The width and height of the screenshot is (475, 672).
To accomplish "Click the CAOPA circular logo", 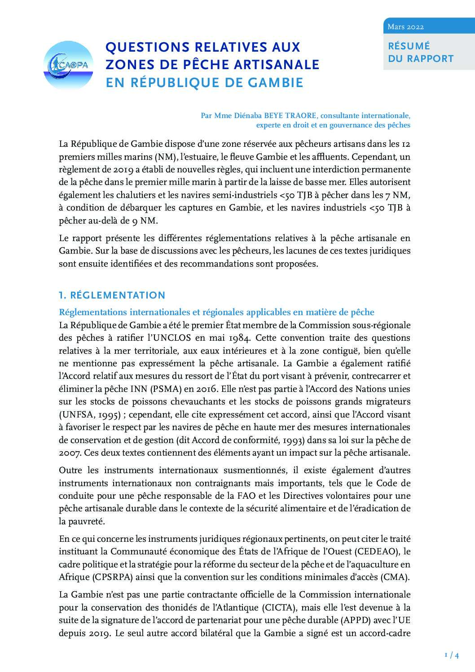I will pos(68,66).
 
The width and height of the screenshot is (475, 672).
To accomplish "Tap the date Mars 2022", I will pos(405,27).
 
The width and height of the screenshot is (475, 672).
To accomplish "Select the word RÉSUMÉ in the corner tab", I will pos(409,46).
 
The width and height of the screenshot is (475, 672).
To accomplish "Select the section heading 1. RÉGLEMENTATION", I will pos(112,295).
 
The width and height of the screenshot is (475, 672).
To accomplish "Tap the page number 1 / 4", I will pos(451,655).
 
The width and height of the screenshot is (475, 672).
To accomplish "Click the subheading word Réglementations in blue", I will pos(92,312).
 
